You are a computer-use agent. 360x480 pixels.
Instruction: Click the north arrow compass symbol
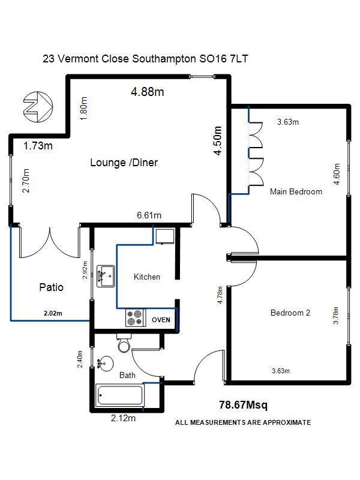pyautogui.click(x=38, y=107)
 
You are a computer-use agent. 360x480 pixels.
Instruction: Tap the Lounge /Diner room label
pyautogui.click(x=124, y=162)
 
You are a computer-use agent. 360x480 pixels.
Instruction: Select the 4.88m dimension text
pyautogui.click(x=148, y=92)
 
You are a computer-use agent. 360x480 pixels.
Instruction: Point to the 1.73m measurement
pyautogui.click(x=38, y=146)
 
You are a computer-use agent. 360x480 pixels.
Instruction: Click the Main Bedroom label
pyautogui.click(x=296, y=191)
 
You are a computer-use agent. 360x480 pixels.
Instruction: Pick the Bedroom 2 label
pyautogui.click(x=290, y=313)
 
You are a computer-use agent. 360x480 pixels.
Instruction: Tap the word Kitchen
pyautogui.click(x=147, y=277)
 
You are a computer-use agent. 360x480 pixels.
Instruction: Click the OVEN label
pyautogui.click(x=161, y=320)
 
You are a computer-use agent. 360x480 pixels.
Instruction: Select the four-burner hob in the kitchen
pyautogui.click(x=134, y=318)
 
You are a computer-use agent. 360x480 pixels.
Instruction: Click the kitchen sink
pyautogui.click(x=106, y=276)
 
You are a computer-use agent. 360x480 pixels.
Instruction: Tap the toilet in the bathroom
pyautogui.click(x=124, y=343)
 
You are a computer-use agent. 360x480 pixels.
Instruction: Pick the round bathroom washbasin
pyautogui.click(x=106, y=364)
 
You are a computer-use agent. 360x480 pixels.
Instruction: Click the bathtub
pyautogui.click(x=119, y=395)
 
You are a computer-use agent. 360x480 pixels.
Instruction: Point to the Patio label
pyautogui.click(x=52, y=287)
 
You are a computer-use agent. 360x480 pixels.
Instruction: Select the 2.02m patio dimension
pyautogui.click(x=53, y=313)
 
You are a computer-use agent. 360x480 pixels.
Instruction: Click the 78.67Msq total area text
pyautogui.click(x=243, y=405)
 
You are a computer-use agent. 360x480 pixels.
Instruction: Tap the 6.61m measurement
pyautogui.click(x=149, y=215)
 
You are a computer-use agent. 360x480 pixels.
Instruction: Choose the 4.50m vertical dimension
pyautogui.click(x=217, y=140)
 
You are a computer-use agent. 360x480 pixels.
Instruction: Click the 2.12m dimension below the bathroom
pyautogui.click(x=123, y=418)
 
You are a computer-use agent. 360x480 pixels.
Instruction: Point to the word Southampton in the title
pyautogui.click(x=164, y=58)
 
